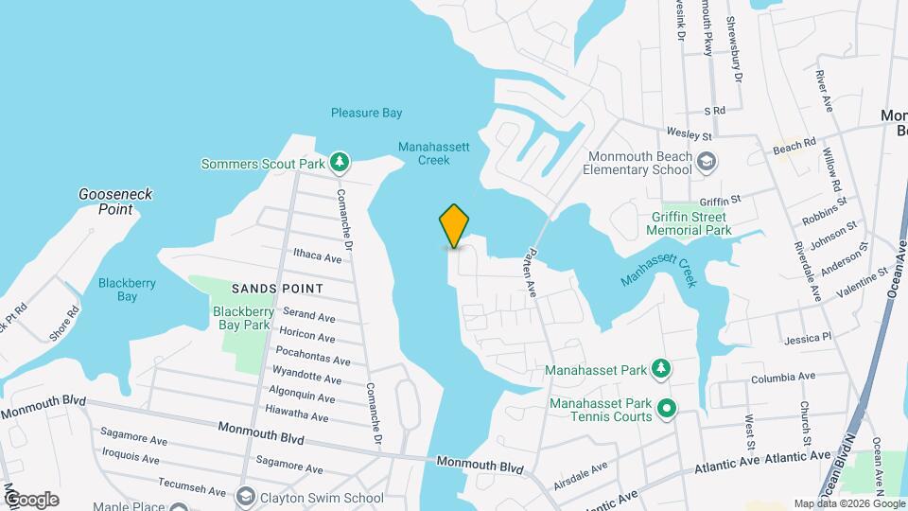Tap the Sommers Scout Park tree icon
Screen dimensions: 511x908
(x=340, y=164)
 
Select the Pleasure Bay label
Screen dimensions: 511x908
(x=366, y=113)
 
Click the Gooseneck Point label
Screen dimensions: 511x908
(x=115, y=202)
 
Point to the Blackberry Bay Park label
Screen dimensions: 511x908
(x=244, y=318)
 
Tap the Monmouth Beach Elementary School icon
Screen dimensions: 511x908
(x=706, y=163)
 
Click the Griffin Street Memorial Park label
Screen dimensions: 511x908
(x=691, y=222)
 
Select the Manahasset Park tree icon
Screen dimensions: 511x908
(x=664, y=367)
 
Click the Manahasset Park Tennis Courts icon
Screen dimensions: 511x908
(x=666, y=410)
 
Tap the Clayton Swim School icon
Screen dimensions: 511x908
(x=246, y=497)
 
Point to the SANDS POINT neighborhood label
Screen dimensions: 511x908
(x=278, y=288)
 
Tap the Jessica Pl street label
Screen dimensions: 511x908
(x=807, y=337)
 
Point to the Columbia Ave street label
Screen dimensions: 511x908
(x=782, y=377)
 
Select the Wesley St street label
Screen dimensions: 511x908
(x=688, y=132)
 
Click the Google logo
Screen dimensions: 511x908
(x=30, y=499)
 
